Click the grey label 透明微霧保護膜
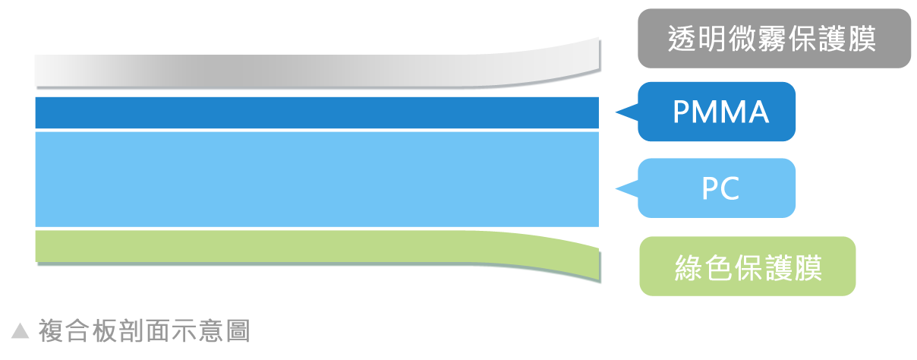click(774, 39)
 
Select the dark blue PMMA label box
click(717, 112)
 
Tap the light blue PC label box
click(717, 188)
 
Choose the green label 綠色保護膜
click(748, 267)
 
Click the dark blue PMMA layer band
click(317, 112)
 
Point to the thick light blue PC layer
click(317, 179)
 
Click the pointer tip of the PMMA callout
click(616, 112)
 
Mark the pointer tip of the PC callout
click(616, 188)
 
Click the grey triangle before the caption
click(20, 331)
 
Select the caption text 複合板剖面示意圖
click(144, 331)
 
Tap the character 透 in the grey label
click(681, 39)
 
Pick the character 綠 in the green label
click(689, 267)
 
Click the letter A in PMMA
click(755, 112)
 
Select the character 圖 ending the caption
click(238, 331)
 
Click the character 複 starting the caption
click(51, 331)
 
